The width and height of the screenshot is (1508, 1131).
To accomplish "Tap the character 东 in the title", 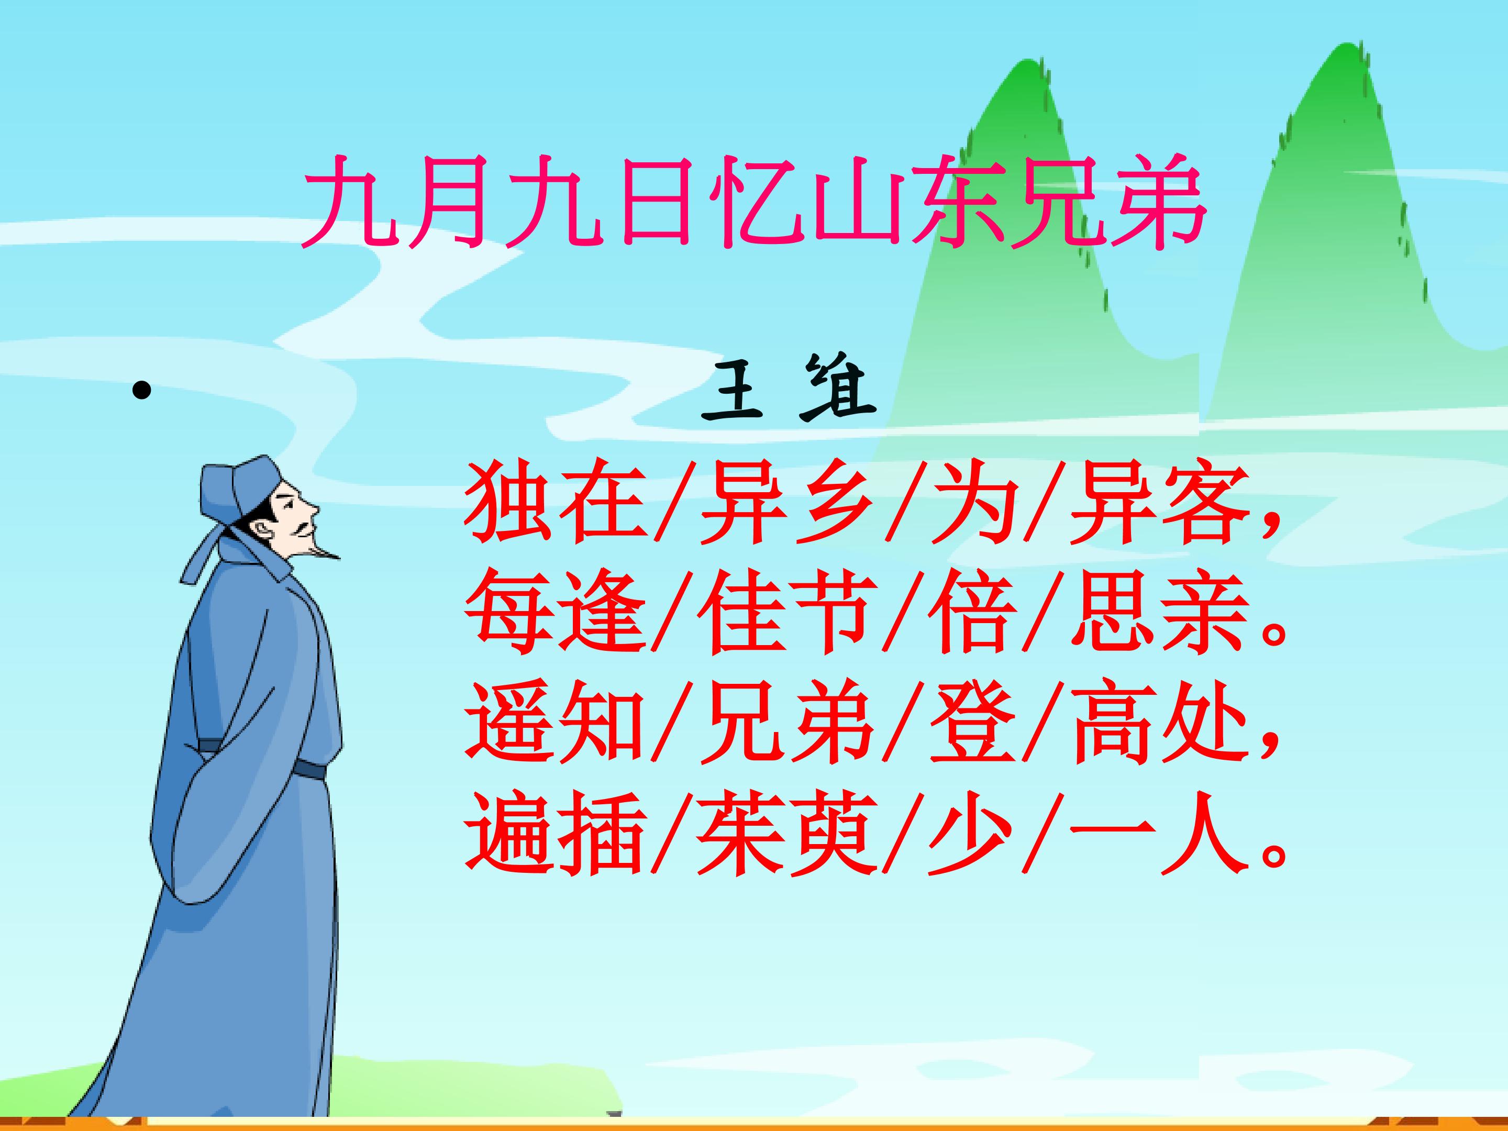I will (957, 203).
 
